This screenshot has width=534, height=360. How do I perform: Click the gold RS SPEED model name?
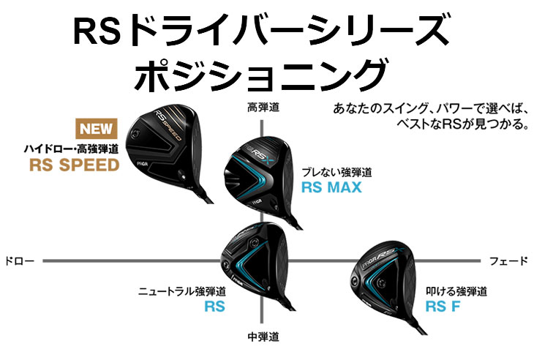pos(73,165)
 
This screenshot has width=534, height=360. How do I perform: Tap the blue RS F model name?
pos(445,307)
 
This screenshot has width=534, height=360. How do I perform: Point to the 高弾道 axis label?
pos(263,108)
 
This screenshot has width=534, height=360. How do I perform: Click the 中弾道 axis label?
pos(263,338)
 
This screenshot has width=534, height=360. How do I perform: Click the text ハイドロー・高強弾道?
pos(70,148)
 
